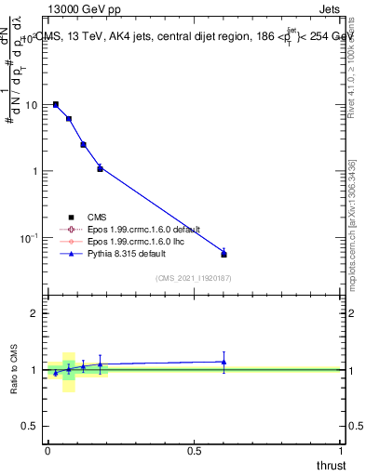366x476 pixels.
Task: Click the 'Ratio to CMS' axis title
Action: point(14,369)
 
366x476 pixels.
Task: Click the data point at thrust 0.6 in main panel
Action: point(224,253)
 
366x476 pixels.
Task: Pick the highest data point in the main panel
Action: point(56,105)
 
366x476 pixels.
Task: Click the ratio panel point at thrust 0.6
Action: point(224,362)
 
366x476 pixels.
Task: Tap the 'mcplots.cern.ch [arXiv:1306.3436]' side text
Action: point(352,223)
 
